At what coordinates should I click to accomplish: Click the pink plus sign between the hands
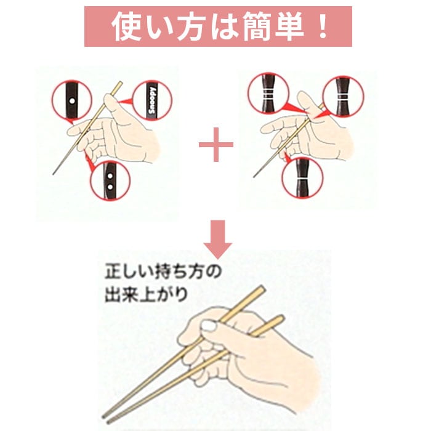(x=216, y=145)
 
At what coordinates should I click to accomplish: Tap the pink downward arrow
(x=218, y=239)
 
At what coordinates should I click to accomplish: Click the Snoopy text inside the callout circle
(x=152, y=100)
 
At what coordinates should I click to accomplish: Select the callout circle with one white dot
(x=71, y=100)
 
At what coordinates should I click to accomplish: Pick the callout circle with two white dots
(x=110, y=180)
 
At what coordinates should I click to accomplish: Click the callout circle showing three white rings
(x=268, y=94)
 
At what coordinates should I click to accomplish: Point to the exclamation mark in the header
(x=321, y=26)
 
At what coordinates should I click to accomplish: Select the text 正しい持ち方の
(x=163, y=272)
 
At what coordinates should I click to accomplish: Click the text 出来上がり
(x=147, y=294)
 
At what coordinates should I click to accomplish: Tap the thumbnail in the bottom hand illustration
(x=209, y=326)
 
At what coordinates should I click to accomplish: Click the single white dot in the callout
(x=72, y=100)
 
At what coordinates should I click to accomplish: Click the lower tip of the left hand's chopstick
(x=53, y=174)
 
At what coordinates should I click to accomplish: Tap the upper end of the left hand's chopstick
(x=121, y=83)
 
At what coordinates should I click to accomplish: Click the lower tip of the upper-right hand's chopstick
(x=254, y=177)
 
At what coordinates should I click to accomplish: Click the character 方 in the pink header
(x=191, y=26)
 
